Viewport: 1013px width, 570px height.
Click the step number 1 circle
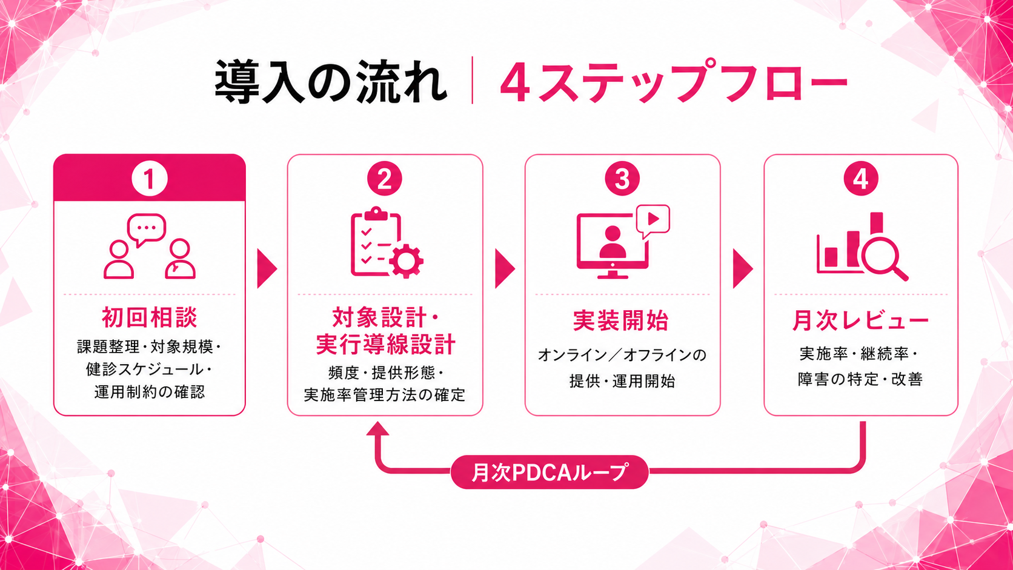pyautogui.click(x=149, y=179)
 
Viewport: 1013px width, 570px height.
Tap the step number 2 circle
pyautogui.click(x=384, y=179)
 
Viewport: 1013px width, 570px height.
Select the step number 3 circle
pyautogui.click(x=622, y=179)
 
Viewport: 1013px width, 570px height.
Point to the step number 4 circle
pyautogui.click(x=860, y=179)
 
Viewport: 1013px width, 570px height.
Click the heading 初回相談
pyautogui.click(x=149, y=317)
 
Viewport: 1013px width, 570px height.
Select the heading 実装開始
pyautogui.click(x=621, y=320)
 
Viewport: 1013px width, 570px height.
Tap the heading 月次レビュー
pyautogui.click(x=860, y=320)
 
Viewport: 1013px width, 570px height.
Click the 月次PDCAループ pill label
pyautogui.click(x=550, y=472)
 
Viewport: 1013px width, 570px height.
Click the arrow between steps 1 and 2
pyautogui.click(x=267, y=268)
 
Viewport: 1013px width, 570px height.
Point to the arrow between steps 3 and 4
pyautogui.click(x=742, y=268)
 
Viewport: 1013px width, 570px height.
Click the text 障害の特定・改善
pyautogui.click(x=860, y=379)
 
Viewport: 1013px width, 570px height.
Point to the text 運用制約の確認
pyautogui.click(x=149, y=392)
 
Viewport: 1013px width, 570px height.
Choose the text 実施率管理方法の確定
pyautogui.click(x=384, y=395)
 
